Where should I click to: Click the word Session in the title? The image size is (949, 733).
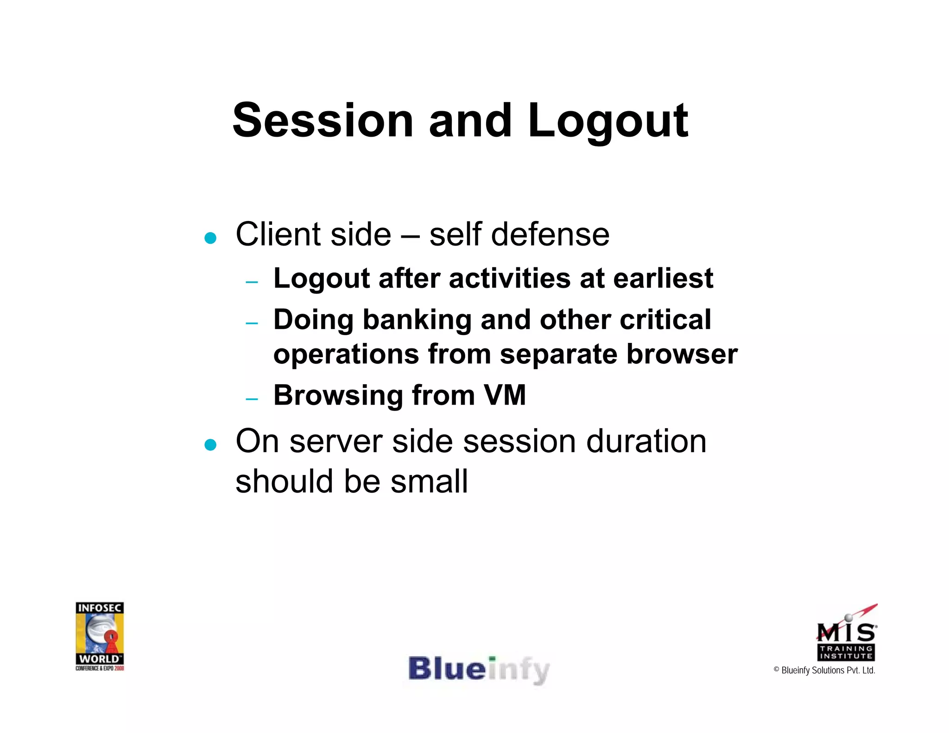tap(323, 120)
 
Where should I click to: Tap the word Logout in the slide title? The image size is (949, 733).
tap(608, 121)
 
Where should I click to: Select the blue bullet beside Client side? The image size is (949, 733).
tap(210, 238)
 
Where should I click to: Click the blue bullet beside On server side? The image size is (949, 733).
tap(210, 445)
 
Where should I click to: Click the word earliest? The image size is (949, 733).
tap(663, 278)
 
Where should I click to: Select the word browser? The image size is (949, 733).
tap(682, 354)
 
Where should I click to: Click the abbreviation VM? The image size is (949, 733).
tap(505, 395)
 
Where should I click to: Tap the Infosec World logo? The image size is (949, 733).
tap(100, 636)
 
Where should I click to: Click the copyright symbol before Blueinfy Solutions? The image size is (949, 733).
tap(777, 670)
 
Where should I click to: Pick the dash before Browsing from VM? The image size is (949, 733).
tap(252, 398)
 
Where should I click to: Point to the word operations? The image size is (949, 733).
tap(346, 354)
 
